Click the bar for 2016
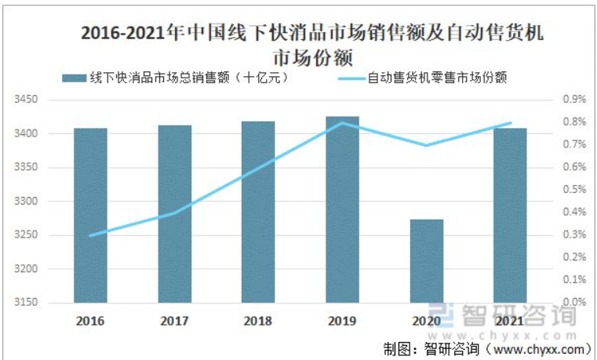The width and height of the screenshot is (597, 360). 91,216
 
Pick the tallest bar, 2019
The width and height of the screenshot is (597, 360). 342,209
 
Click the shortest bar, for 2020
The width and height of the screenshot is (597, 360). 426,261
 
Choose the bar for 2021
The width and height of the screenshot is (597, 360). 510,216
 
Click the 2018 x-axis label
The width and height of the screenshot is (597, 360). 258,321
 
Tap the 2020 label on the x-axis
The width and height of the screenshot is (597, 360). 426,321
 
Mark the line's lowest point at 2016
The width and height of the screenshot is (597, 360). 91,235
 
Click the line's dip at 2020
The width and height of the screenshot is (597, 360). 426,145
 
